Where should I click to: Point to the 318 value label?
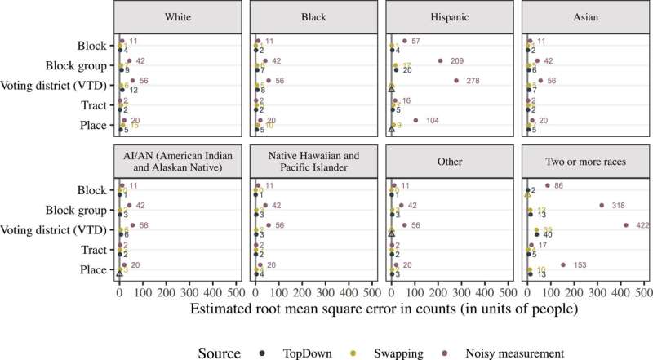point(616,206)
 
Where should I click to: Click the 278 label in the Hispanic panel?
point(488,81)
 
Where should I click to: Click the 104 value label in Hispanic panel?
point(433,120)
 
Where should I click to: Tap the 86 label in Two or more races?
point(559,186)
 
